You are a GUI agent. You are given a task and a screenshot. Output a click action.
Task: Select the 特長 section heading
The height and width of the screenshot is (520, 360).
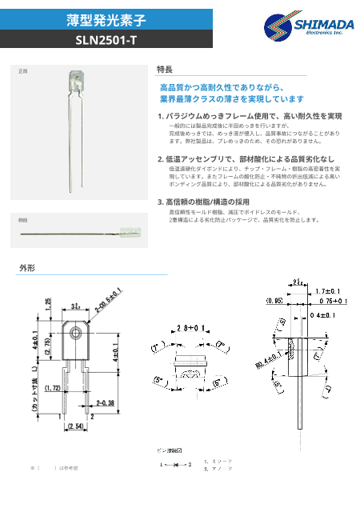(165, 70)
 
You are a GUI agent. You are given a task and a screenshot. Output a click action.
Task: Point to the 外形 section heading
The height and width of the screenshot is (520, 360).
(27, 269)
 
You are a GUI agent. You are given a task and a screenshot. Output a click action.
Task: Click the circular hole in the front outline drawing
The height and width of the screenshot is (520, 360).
(76, 334)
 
